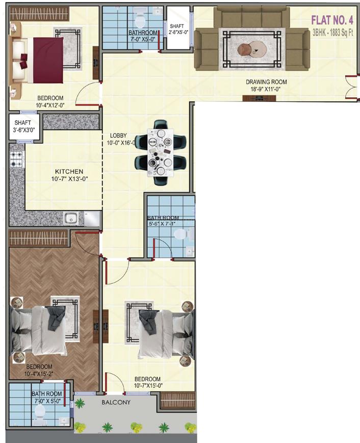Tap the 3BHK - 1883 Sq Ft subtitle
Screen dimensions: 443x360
click(x=332, y=32)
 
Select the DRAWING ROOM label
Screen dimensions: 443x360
click(x=266, y=82)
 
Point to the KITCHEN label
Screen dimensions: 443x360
click(x=70, y=172)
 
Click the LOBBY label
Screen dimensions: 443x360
click(x=118, y=136)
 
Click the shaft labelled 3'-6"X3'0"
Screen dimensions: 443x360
click(x=23, y=126)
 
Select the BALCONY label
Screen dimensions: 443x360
click(x=116, y=402)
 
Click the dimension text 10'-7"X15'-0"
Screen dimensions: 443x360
click(x=147, y=386)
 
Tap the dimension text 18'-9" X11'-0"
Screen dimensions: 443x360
click(x=266, y=89)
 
